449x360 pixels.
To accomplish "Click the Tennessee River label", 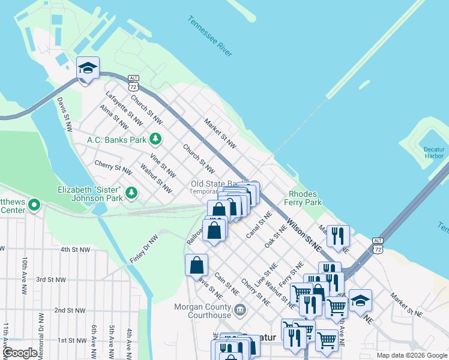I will tap(209, 37).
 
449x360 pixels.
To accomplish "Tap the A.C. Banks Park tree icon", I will tap(156, 140).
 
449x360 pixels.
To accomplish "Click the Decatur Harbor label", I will tap(434, 152).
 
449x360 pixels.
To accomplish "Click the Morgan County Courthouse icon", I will tap(240, 310).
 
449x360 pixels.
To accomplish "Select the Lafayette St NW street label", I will tap(124, 108).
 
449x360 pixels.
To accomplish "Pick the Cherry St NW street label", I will tap(113, 167).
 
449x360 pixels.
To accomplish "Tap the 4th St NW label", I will tap(74, 250).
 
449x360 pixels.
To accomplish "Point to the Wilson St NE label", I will tap(304, 234).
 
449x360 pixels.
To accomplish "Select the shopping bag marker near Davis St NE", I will tap(197, 265).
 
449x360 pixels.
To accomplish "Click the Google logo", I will tap(20, 353).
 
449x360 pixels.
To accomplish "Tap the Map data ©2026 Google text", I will tap(411, 355).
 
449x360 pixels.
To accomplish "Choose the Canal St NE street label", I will tap(259, 224).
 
